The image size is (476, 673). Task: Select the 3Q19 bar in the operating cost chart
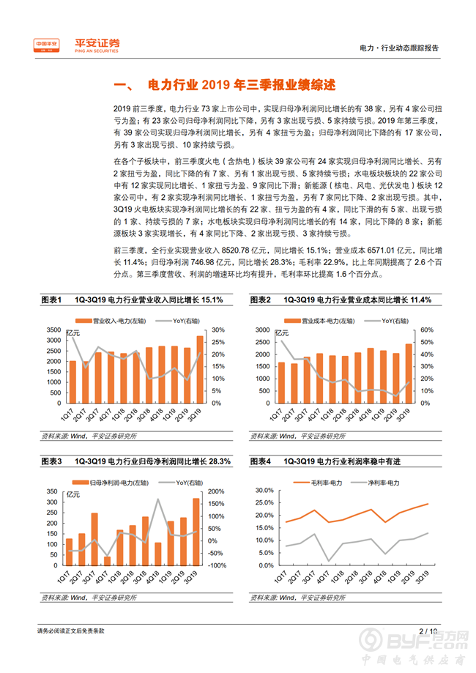[409, 373]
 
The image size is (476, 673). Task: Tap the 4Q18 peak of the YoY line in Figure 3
[158, 500]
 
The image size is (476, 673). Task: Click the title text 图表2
[260, 300]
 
